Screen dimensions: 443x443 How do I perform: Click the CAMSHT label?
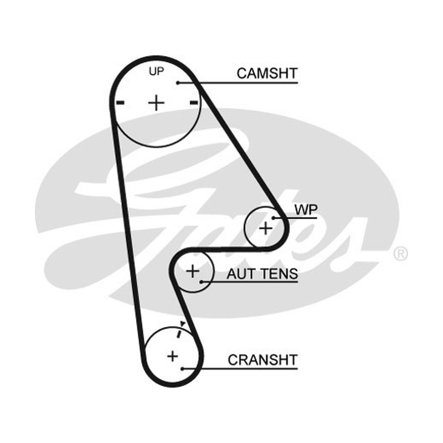(267, 74)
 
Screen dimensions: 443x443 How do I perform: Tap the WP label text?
(306, 210)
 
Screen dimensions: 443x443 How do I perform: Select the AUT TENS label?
(262, 274)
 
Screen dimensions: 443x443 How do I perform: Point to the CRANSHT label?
(262, 360)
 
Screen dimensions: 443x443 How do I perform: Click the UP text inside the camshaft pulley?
(156, 71)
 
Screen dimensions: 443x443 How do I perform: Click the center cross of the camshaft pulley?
(156, 102)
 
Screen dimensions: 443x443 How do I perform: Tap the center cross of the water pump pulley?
(266, 228)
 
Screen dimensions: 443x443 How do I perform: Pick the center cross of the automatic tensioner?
(193, 271)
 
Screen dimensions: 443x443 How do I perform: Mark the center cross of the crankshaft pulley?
(173, 356)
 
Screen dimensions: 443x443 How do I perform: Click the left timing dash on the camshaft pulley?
(120, 102)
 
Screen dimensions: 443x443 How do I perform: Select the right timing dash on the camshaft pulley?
(193, 102)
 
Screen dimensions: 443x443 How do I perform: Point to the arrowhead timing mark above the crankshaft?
(183, 323)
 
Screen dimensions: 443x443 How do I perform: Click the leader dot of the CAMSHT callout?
(178, 83)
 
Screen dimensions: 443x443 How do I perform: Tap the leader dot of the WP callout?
(274, 218)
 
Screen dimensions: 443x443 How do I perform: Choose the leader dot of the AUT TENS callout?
(201, 282)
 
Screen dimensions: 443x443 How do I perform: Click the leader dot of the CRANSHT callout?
(183, 369)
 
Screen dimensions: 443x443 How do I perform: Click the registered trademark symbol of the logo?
(400, 254)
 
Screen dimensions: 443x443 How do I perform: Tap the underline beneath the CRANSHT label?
(240, 369)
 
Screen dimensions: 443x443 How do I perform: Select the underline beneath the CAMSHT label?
(238, 83)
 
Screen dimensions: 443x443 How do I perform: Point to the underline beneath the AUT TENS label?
(250, 282)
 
